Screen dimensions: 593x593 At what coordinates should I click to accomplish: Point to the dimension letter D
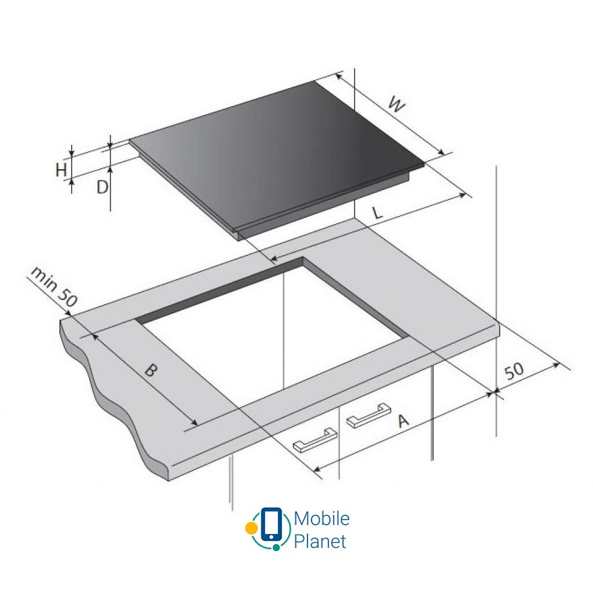(x=102, y=187)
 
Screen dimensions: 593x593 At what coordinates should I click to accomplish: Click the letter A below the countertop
(x=403, y=420)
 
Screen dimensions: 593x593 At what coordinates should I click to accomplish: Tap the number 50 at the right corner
(x=514, y=371)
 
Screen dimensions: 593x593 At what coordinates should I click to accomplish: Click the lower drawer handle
(x=315, y=440)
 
